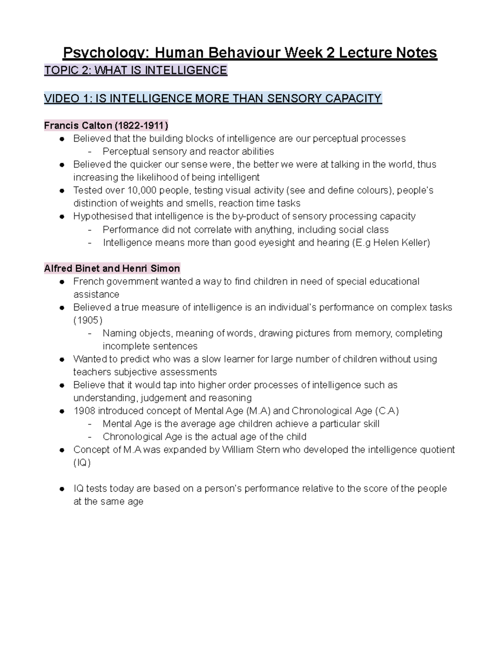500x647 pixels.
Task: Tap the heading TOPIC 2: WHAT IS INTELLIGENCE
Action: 135,70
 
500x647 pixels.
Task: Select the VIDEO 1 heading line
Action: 212,99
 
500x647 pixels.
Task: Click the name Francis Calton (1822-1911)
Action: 106,125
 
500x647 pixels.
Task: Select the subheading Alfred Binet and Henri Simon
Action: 112,268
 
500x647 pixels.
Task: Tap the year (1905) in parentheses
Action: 87,320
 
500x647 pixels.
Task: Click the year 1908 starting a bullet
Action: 84,411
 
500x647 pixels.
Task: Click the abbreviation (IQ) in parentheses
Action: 82,462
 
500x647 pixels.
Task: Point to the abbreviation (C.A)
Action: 387,411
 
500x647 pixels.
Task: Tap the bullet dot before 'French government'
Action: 62,282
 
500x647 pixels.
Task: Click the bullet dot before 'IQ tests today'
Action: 62,489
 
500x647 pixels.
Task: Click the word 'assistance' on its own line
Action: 96,295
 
